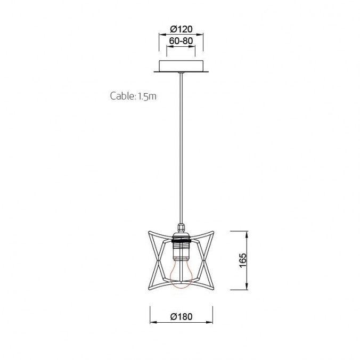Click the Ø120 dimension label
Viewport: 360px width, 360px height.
181,29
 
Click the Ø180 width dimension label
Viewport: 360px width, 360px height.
181,316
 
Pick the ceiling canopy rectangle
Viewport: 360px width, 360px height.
181,67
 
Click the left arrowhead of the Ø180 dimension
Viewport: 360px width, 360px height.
152,322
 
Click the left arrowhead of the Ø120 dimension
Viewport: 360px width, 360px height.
160,36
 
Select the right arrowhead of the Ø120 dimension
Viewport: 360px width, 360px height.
202,36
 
